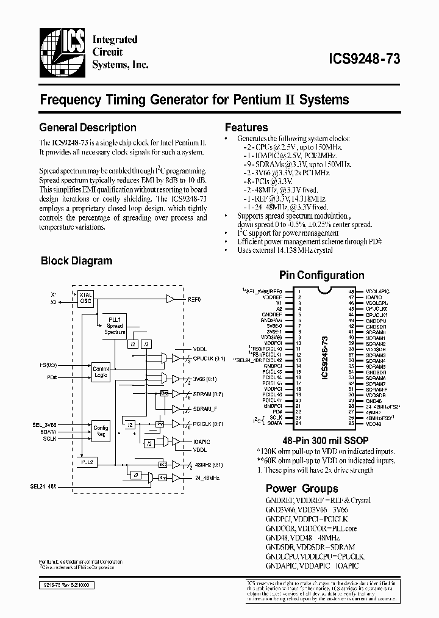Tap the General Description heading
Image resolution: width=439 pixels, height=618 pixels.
point(87,128)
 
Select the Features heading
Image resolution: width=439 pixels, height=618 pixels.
point(246,128)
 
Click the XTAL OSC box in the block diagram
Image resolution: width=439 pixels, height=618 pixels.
point(85,298)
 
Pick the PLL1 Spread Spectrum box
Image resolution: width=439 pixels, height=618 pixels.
point(115,325)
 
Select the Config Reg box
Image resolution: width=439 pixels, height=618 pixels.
point(100,431)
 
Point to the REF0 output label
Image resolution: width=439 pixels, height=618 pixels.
point(195,299)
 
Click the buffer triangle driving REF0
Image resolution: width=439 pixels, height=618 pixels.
point(170,299)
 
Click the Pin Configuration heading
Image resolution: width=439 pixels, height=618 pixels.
point(321,275)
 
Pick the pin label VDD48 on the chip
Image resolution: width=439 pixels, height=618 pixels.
point(374,423)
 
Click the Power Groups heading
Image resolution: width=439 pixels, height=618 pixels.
point(301,489)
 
